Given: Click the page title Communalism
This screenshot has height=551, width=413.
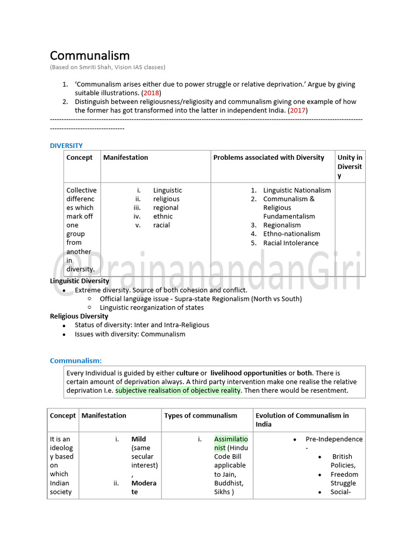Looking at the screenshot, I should click(x=90, y=55).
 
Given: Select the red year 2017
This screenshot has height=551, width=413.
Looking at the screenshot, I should click(x=297, y=110).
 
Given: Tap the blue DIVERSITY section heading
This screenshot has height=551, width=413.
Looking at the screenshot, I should click(x=66, y=145).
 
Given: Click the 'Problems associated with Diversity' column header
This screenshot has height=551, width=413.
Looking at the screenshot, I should click(x=268, y=158).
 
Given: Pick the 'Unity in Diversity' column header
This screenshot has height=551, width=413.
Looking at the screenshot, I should click(x=350, y=166).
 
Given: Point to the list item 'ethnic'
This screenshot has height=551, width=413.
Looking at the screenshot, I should click(x=163, y=216).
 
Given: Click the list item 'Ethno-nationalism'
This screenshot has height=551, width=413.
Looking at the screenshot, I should click(x=291, y=234).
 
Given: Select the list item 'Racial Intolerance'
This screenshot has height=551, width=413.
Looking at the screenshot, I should click(x=290, y=243).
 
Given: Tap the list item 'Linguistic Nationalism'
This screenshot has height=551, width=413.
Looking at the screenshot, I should click(x=297, y=190).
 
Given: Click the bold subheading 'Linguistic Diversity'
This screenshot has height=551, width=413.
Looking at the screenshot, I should click(x=80, y=281).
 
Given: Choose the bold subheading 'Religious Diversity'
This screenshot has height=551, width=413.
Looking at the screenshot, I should click(x=79, y=316).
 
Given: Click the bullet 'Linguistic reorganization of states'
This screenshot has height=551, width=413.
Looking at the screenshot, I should click(x=152, y=308).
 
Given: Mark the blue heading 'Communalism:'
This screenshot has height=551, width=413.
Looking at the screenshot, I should click(x=76, y=361).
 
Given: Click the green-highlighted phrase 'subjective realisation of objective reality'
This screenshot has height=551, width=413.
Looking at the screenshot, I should click(x=178, y=391).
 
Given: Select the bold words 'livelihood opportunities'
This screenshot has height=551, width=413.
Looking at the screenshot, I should click(x=248, y=373).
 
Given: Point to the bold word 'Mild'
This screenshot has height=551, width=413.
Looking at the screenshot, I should click(x=138, y=439).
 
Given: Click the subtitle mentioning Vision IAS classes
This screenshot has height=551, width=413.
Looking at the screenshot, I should click(x=108, y=67).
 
